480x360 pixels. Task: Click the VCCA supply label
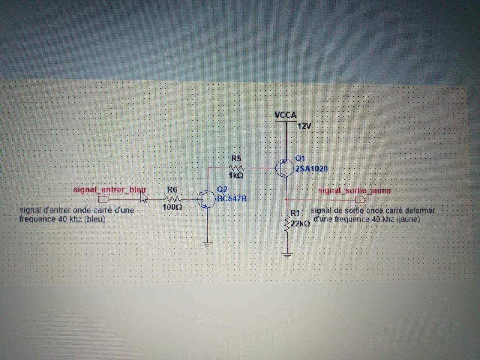pos(286,115)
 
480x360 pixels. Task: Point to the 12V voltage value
pos(304,126)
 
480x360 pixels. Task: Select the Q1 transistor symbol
pos(284,168)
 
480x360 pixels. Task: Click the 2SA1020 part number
pos(312,169)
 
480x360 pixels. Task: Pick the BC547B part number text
pos(232,198)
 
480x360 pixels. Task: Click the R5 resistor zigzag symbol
pos(237,168)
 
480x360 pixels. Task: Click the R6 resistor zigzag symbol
pos(172,199)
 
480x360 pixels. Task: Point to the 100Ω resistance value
pos(172,207)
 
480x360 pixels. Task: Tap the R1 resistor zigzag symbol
pos(287,225)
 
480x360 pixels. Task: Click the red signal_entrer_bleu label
pos(109,190)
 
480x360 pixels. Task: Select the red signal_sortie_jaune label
pos(354,190)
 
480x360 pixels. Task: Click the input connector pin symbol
pos(103,199)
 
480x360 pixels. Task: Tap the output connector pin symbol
pos(360,199)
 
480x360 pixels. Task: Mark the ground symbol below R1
pos(287,256)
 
